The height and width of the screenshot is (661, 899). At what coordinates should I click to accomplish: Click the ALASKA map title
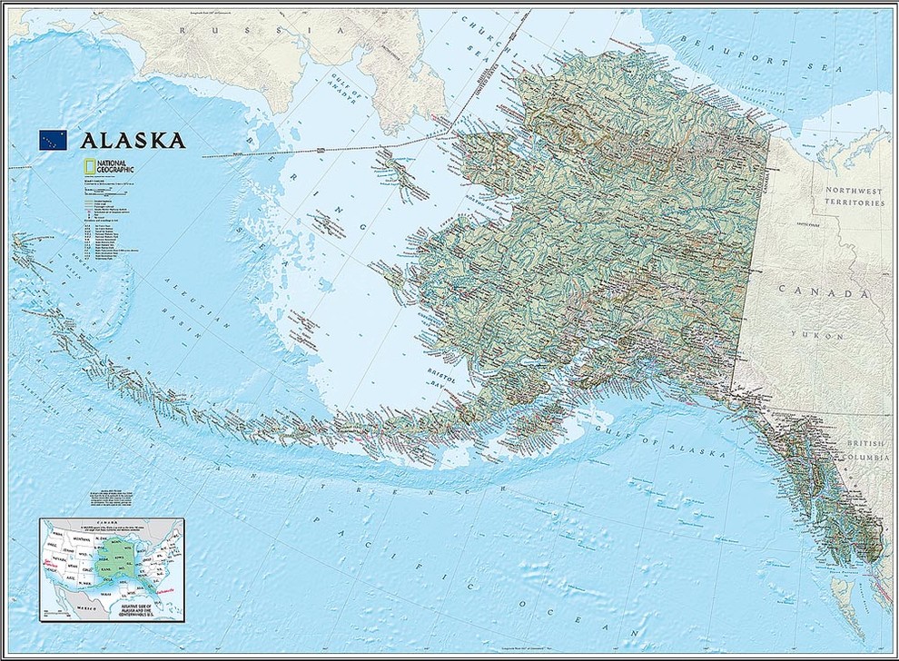pyautogui.click(x=133, y=140)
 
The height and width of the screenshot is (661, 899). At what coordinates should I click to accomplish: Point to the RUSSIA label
pyautogui.click(x=254, y=29)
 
